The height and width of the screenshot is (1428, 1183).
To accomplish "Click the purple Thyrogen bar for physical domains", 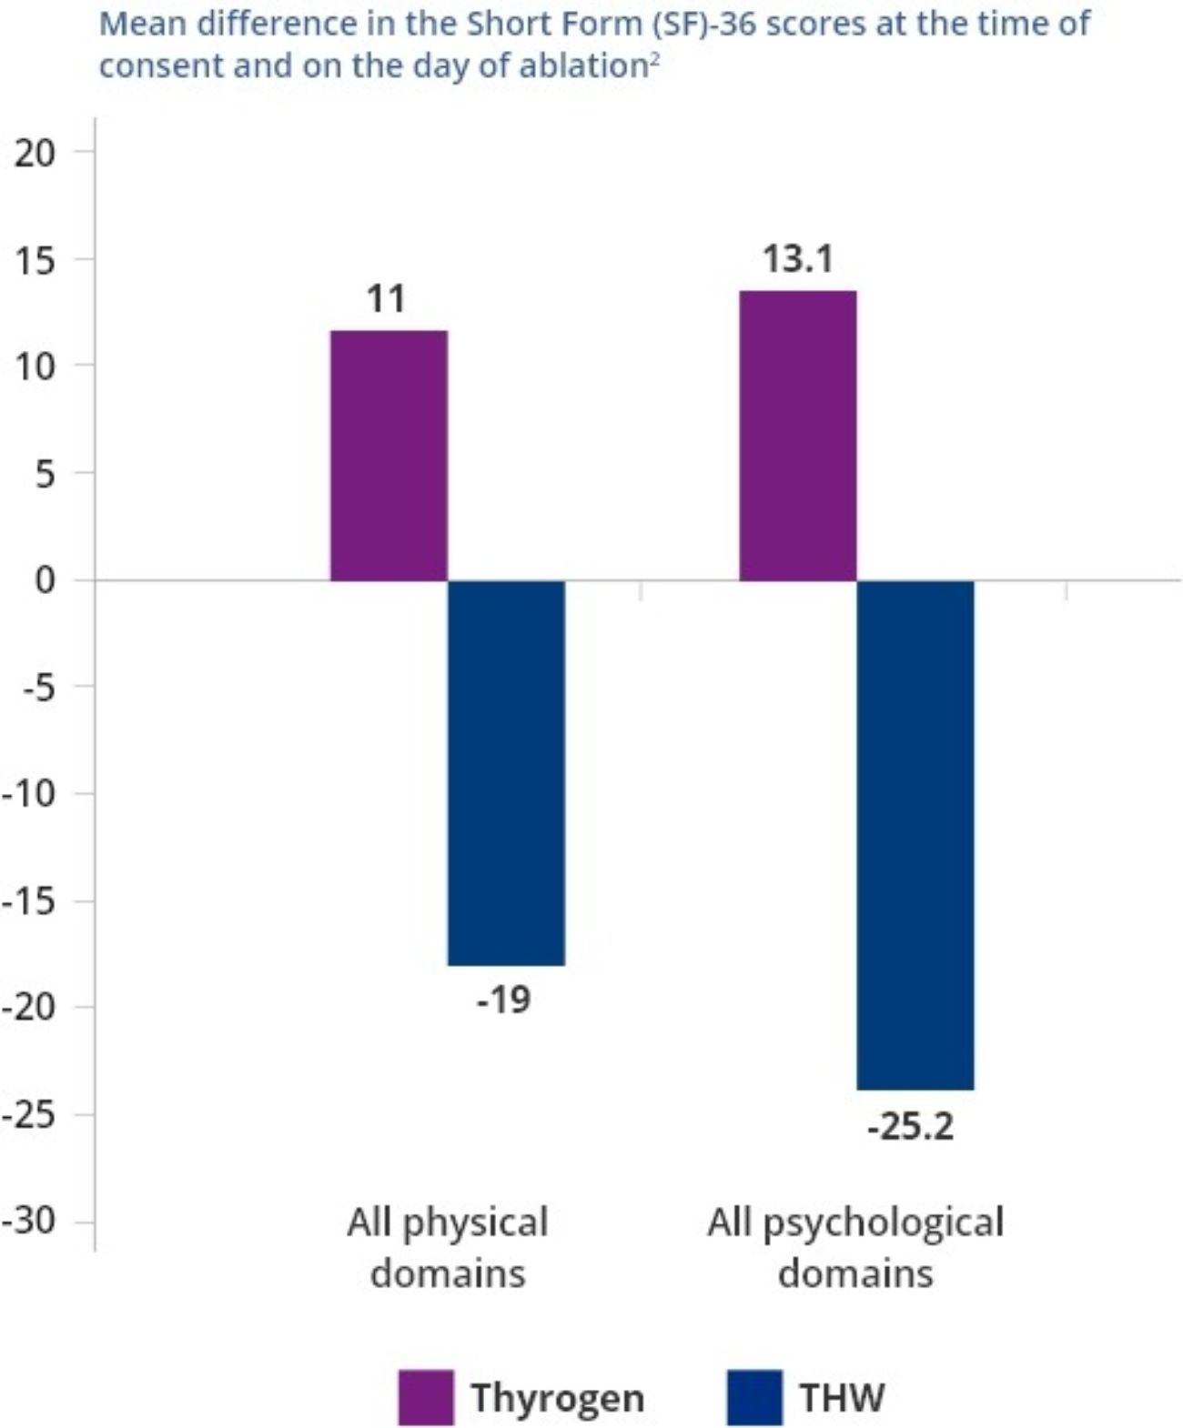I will point(389,455).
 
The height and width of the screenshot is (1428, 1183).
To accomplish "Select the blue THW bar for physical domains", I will point(506,772).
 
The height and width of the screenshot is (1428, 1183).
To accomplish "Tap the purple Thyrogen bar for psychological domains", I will point(797,436).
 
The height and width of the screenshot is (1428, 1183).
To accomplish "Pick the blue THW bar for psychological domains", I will point(915,834).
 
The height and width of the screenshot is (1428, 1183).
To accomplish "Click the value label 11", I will point(386,298).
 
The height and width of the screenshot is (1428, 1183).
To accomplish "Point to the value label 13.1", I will point(797,259).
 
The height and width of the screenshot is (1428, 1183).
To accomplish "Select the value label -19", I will point(504,1000).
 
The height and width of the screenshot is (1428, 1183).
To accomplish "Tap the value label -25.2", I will point(911,1127).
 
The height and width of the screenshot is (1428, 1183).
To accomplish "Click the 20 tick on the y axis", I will point(35,153).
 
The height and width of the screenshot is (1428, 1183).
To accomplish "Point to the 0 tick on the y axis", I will point(45,579).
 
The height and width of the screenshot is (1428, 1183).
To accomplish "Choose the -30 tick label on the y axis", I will point(29,1220).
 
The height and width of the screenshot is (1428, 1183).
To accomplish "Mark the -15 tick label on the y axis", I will point(29,900).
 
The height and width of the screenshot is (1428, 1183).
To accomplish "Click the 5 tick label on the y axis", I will point(45,473).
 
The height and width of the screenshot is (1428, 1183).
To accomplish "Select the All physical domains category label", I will point(448,1247).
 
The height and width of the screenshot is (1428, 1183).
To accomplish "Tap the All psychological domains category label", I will point(855,1247).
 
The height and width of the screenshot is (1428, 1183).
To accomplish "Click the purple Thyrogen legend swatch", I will point(426,1397).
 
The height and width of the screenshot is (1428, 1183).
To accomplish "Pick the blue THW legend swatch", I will point(754,1397).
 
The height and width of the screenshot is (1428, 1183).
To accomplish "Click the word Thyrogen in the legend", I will point(557,1397).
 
